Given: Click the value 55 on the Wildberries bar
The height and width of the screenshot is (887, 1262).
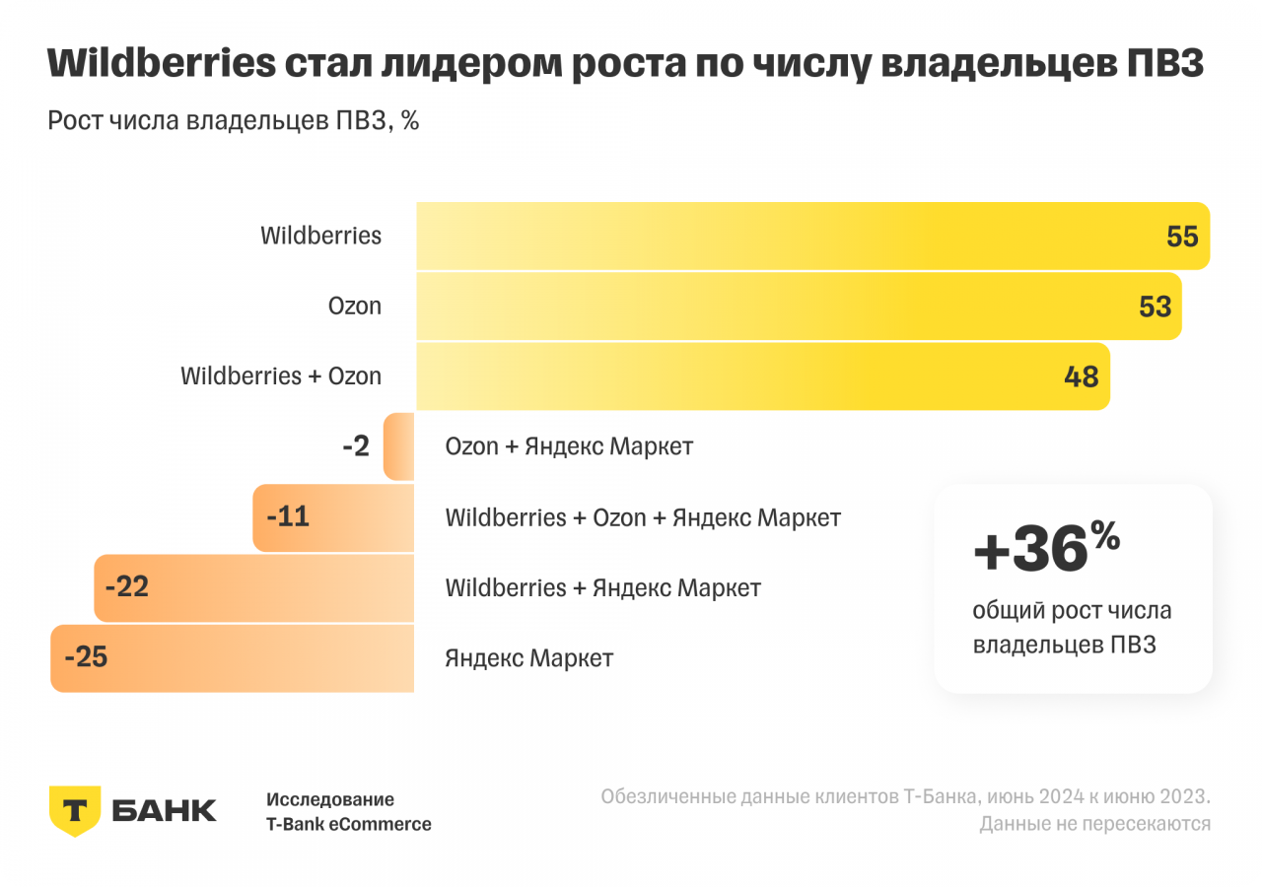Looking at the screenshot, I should click(x=1181, y=237).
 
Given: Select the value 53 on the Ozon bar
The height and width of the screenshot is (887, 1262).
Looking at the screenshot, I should click(x=1155, y=307).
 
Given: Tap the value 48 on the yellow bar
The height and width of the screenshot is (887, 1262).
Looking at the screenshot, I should click(x=1082, y=376).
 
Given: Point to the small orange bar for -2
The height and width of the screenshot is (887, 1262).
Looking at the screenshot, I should click(x=399, y=446).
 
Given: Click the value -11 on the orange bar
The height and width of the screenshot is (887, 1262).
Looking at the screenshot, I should click(x=287, y=516).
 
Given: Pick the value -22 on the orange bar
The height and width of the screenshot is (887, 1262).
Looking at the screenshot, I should click(x=126, y=587).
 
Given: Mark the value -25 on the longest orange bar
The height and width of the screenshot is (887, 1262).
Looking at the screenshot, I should click(x=85, y=657).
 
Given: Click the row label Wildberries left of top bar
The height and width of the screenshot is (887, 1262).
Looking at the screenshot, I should click(x=320, y=237).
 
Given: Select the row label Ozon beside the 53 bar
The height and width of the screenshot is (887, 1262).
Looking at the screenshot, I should click(x=354, y=307).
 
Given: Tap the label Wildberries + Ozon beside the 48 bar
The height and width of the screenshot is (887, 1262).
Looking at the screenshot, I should click(x=280, y=376).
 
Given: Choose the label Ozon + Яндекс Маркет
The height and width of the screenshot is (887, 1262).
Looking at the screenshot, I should click(x=569, y=446).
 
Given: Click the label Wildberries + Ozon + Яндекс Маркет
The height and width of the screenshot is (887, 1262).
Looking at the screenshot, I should click(x=643, y=517).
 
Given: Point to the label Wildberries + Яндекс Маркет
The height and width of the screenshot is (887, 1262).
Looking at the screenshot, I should click(x=602, y=588).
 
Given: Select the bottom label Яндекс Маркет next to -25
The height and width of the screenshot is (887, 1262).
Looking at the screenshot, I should click(x=528, y=658).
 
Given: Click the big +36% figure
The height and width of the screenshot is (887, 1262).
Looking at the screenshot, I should click(x=1045, y=549).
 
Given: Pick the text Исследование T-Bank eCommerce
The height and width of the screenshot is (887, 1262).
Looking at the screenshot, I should click(x=348, y=812).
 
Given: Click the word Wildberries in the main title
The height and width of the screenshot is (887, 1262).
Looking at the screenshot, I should click(x=161, y=64).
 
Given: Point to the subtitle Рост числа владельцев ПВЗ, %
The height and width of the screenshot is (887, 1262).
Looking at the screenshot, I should click(x=234, y=121).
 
